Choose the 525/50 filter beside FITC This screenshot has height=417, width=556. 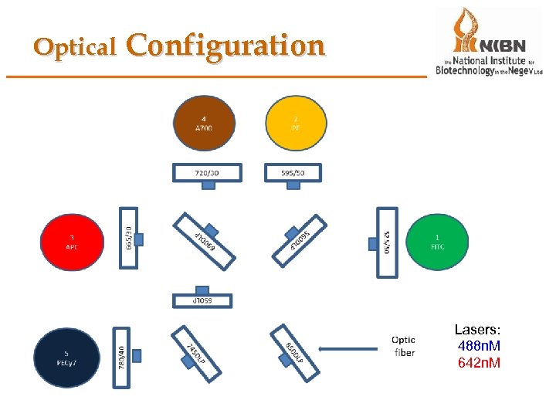pos(386,237)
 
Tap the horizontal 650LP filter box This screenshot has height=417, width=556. pos(201,299)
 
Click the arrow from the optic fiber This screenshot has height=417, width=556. pos(351,349)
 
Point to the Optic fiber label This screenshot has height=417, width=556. pos(403,345)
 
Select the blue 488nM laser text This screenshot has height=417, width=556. pos(479,345)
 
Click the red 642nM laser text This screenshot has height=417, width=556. pos(479,362)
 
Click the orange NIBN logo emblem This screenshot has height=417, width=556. pos(464,31)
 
